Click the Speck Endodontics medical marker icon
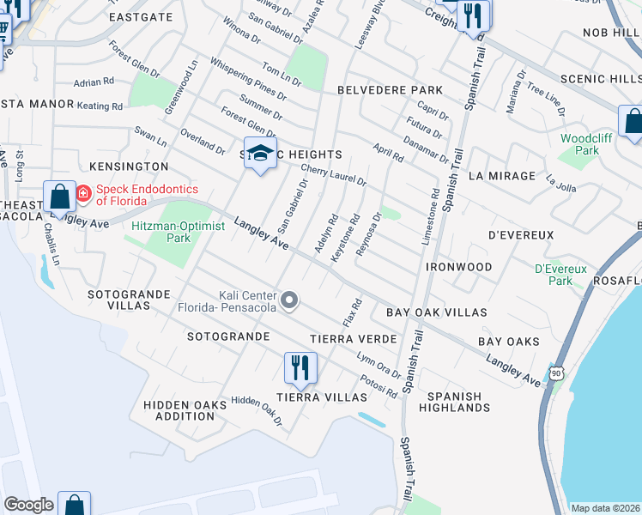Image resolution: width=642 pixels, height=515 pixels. click(x=83, y=194)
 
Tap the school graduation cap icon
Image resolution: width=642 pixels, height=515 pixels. click(x=261, y=154)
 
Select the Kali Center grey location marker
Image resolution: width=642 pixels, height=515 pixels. click(x=290, y=300)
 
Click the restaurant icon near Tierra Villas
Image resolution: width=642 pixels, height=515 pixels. click(x=300, y=367)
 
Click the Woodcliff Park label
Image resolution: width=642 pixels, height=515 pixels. click(x=580, y=143)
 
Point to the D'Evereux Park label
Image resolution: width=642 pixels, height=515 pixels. click(x=560, y=275)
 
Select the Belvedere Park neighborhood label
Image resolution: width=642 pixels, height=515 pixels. click(x=390, y=90)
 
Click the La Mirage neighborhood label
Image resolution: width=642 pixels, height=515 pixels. click(x=502, y=176)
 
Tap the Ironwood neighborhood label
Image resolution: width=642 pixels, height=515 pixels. click(x=459, y=267)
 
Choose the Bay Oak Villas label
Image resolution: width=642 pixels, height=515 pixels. click(x=437, y=312)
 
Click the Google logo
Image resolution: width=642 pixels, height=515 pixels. click(x=28, y=505)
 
